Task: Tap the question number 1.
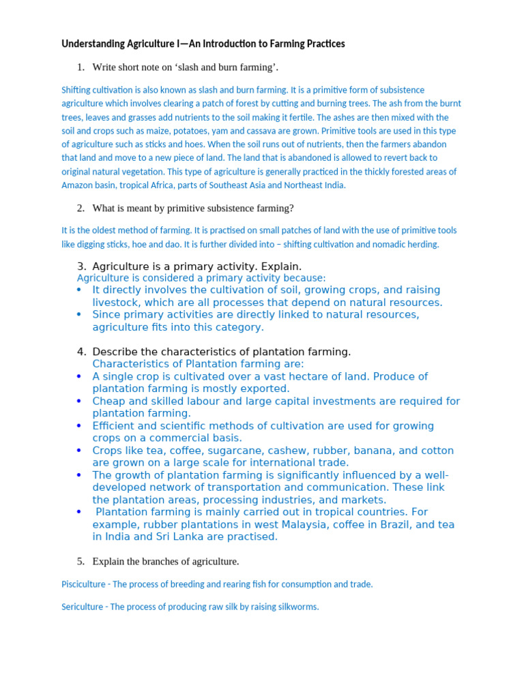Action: [x=80, y=67]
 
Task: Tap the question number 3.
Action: [x=81, y=266]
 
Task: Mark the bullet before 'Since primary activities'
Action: [x=79, y=314]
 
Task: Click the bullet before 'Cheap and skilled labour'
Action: [x=79, y=401]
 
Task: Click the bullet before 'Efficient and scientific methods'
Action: [x=79, y=425]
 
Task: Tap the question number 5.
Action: [x=80, y=561]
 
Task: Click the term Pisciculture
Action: [x=83, y=584]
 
